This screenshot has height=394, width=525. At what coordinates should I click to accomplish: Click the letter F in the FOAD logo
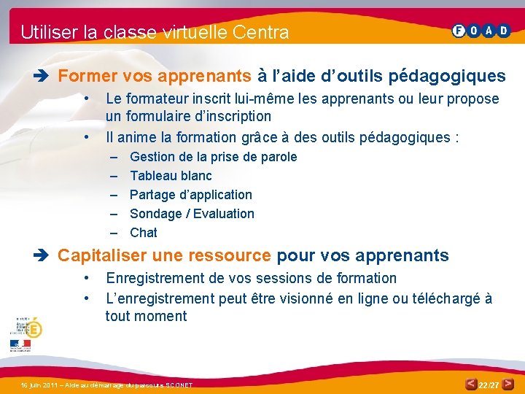click(459, 31)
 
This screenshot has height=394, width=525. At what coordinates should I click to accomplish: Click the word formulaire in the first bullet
click(160, 116)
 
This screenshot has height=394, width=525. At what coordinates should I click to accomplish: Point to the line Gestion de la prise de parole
click(213, 157)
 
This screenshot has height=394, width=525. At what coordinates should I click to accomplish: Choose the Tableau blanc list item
click(171, 176)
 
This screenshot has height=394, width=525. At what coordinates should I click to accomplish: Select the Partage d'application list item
click(190, 195)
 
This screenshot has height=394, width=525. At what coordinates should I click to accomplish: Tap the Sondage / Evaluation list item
click(192, 214)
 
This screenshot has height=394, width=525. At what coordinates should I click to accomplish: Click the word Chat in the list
click(144, 233)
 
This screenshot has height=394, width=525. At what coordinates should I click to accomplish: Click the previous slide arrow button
click(472, 384)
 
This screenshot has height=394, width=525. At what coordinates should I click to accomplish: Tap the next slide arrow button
click(506, 384)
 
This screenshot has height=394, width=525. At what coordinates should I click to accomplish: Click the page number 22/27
click(489, 385)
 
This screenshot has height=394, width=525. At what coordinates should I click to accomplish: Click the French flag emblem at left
click(20, 343)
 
